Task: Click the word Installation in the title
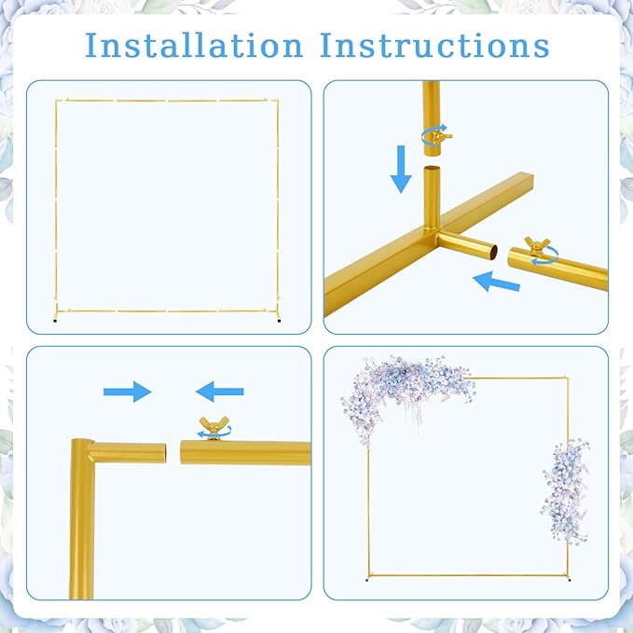click(194, 45)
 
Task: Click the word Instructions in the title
click(434, 45)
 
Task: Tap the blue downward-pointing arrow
click(401, 169)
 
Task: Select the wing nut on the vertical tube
click(438, 136)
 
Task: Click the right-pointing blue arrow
click(127, 392)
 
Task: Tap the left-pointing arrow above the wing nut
click(220, 392)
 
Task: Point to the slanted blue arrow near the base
click(496, 282)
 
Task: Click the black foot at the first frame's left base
click(55, 321)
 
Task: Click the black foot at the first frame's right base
click(279, 321)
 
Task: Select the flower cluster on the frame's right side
click(565, 490)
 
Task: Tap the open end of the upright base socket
click(432, 169)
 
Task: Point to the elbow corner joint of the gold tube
click(82, 449)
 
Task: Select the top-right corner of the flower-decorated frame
click(567, 378)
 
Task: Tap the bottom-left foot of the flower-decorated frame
click(367, 580)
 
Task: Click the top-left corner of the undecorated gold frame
click(57, 101)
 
